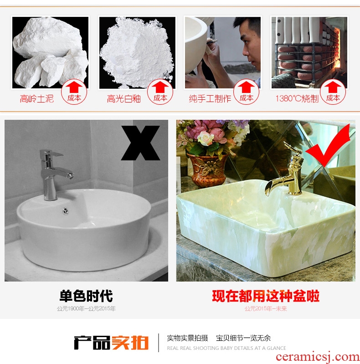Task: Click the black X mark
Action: tap(140, 143)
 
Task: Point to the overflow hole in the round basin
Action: tap(66, 211)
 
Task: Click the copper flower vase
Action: tap(207, 169)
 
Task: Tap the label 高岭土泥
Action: tap(37, 99)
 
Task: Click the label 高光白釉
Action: tap(124, 99)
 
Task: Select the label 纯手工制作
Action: tap(210, 99)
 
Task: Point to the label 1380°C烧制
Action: tap(297, 99)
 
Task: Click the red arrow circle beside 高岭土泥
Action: tap(74, 92)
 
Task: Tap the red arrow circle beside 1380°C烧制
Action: tap(333, 92)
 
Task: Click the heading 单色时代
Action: tap(86, 296)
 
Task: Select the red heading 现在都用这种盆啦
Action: tap(266, 296)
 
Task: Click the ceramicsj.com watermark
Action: tap(318, 357)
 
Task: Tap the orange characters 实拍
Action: tap(130, 343)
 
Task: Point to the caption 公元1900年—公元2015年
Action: tap(86, 308)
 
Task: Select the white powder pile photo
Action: tap(137, 53)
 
